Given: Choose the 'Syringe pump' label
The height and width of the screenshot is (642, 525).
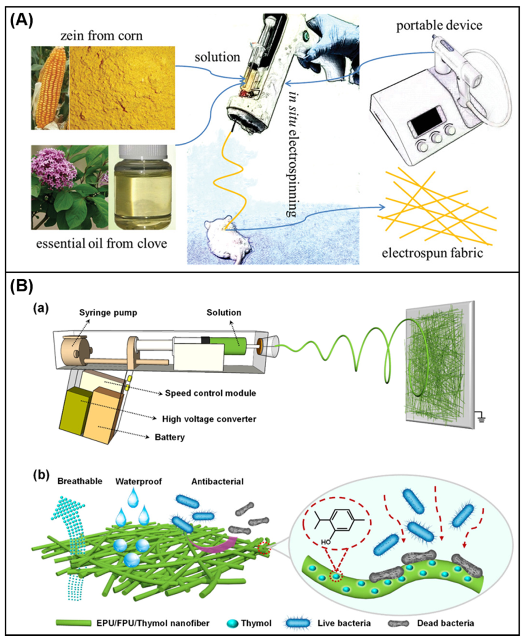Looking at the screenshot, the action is point(108,313).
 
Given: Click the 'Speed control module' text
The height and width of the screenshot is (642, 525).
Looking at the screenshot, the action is point(210,393).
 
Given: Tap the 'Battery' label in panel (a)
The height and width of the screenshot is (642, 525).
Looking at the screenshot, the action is point(170,437).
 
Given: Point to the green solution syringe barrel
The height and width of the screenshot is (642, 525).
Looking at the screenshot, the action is point(228,346).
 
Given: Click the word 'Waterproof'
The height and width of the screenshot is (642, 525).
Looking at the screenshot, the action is point(139,481).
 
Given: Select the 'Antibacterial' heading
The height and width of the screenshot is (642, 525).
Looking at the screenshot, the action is point(217,481).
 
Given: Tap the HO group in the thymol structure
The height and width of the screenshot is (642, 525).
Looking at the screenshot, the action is point(326,542).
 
